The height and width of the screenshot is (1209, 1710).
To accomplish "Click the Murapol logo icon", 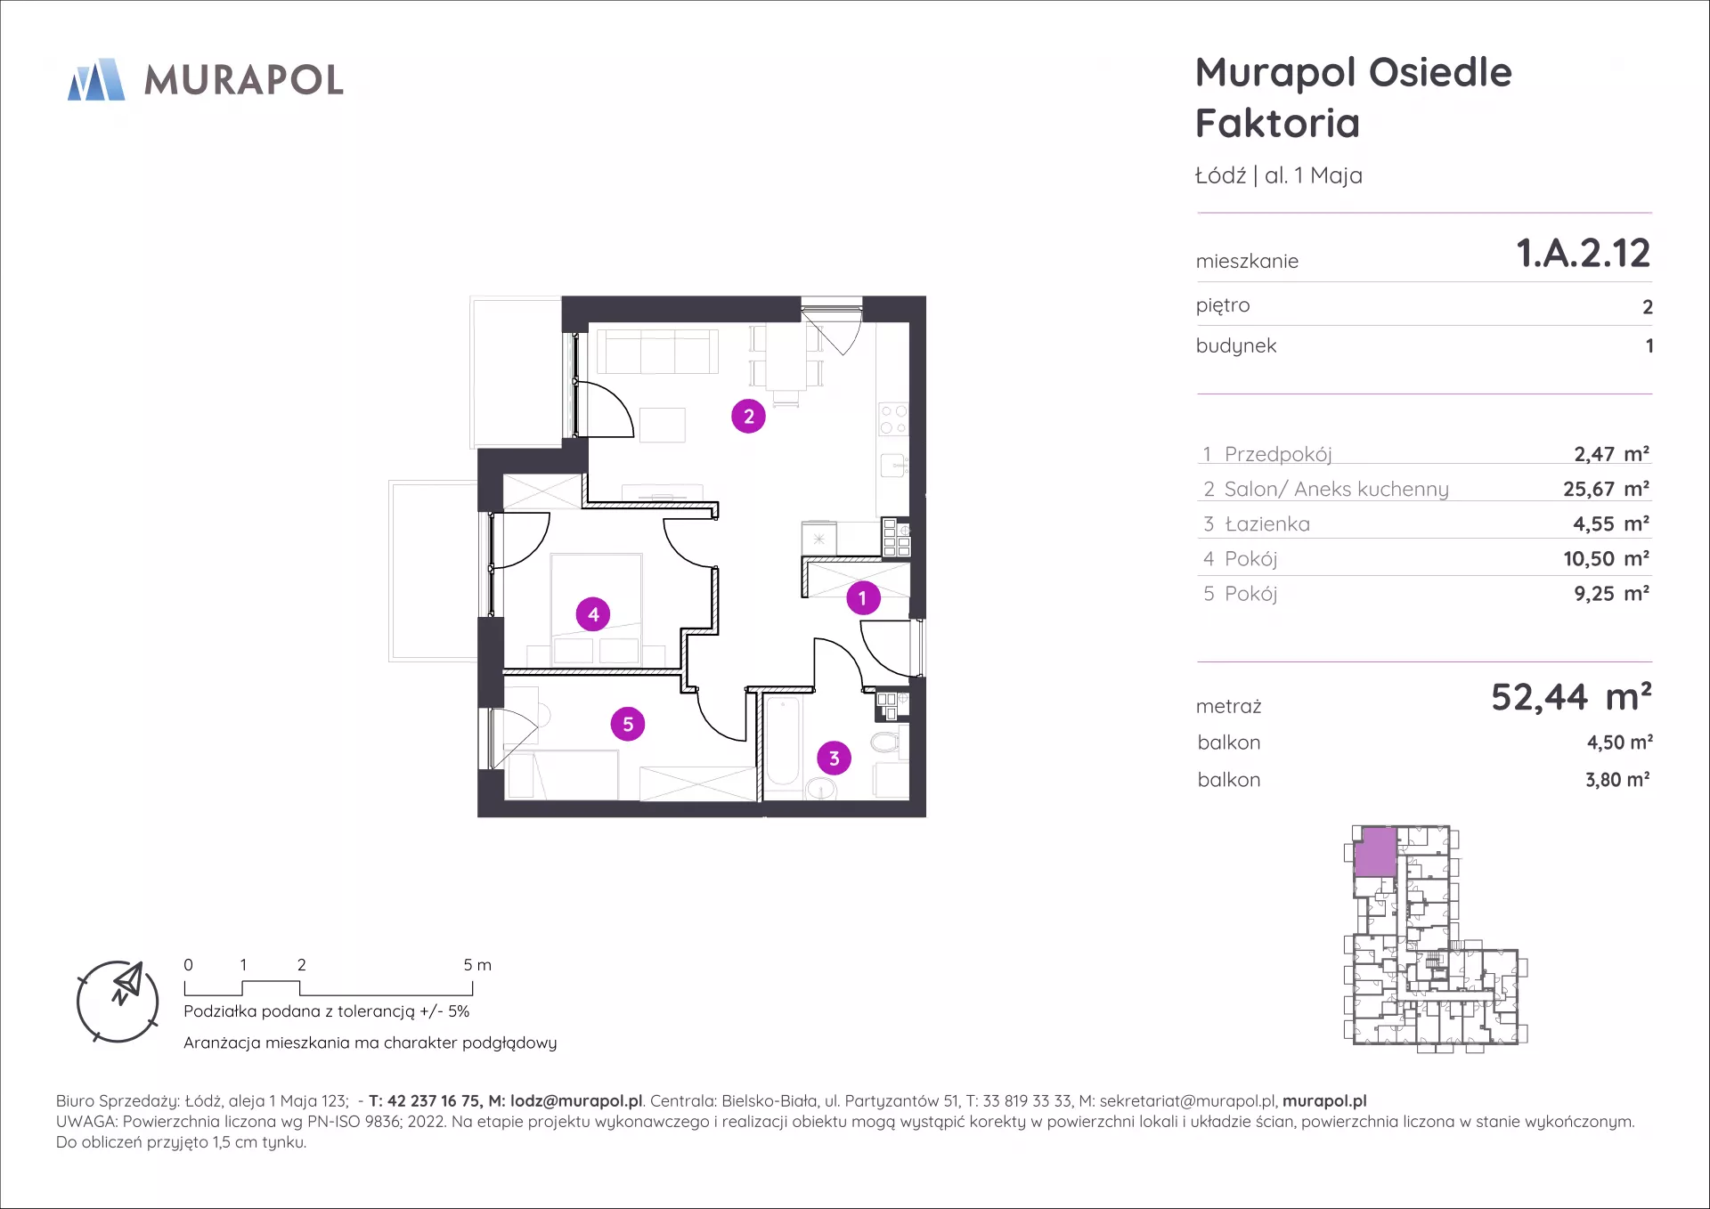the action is (96, 79).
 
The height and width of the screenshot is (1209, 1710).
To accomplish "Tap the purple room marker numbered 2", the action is (748, 416).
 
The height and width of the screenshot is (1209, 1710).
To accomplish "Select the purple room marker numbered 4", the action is (593, 614).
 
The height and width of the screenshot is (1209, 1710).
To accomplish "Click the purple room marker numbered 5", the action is (628, 724).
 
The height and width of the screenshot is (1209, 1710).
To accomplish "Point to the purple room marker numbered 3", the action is (834, 759).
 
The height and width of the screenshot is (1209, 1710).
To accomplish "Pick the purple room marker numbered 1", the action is (862, 598).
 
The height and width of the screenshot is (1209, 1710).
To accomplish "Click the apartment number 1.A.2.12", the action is (1584, 253).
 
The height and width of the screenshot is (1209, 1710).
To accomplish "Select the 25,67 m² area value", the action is (1607, 489).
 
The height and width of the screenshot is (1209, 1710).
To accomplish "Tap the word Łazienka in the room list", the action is (1267, 524).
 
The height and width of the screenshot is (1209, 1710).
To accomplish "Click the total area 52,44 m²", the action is (1572, 697).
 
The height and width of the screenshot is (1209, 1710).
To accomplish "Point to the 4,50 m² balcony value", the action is (1619, 742).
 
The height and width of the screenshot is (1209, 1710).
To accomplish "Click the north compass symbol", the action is (118, 1002).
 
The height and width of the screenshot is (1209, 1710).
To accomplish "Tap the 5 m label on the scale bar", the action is (477, 965).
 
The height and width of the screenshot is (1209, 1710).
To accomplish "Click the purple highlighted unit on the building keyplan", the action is (1375, 852).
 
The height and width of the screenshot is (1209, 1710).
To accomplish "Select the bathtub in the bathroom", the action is (783, 742).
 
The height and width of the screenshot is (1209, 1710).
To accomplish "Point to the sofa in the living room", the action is (658, 351).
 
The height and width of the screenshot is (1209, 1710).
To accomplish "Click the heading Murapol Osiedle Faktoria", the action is (1354, 98).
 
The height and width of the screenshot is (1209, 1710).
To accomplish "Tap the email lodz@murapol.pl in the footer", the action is (576, 1101).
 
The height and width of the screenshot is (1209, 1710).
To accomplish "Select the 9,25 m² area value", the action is (1612, 594).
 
